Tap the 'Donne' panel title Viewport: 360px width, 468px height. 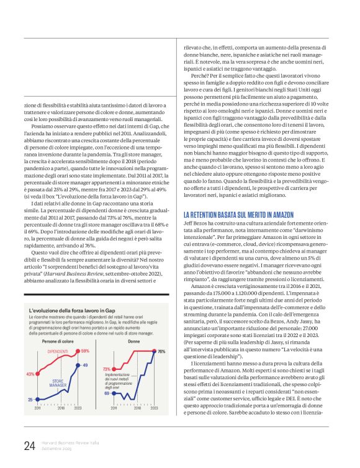point(133,341)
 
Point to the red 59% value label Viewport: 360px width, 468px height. point(85,351)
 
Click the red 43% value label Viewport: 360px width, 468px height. point(30,374)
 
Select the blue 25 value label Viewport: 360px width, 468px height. point(30,400)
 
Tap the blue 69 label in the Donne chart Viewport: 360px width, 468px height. point(106,393)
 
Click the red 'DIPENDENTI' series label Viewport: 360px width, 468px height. point(58,351)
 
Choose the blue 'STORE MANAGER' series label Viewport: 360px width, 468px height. point(58,383)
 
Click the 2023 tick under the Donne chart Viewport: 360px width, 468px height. point(153,410)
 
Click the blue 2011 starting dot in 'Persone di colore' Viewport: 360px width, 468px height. point(37,400)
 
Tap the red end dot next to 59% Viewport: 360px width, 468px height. point(78,351)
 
